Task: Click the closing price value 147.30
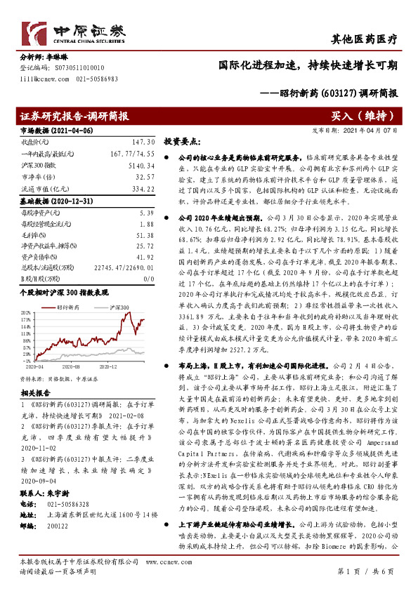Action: click(x=143, y=141)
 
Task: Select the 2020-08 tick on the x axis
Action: click(x=70, y=366)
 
